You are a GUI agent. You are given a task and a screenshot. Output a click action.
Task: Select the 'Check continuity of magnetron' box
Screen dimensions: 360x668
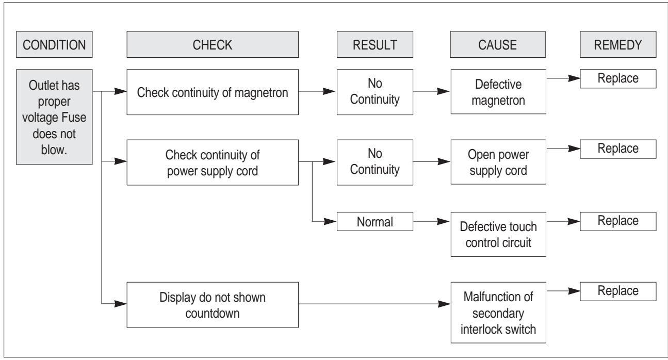coord(212,92)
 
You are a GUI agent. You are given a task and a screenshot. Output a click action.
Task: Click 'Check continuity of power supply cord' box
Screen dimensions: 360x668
coord(212,163)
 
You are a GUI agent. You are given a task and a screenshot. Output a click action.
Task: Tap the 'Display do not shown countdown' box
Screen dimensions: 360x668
coord(212,305)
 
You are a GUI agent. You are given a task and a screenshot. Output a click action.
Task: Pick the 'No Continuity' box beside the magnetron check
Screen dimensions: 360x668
coord(369,92)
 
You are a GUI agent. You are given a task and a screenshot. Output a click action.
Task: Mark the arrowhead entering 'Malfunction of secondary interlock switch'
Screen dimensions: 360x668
coord(445,305)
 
